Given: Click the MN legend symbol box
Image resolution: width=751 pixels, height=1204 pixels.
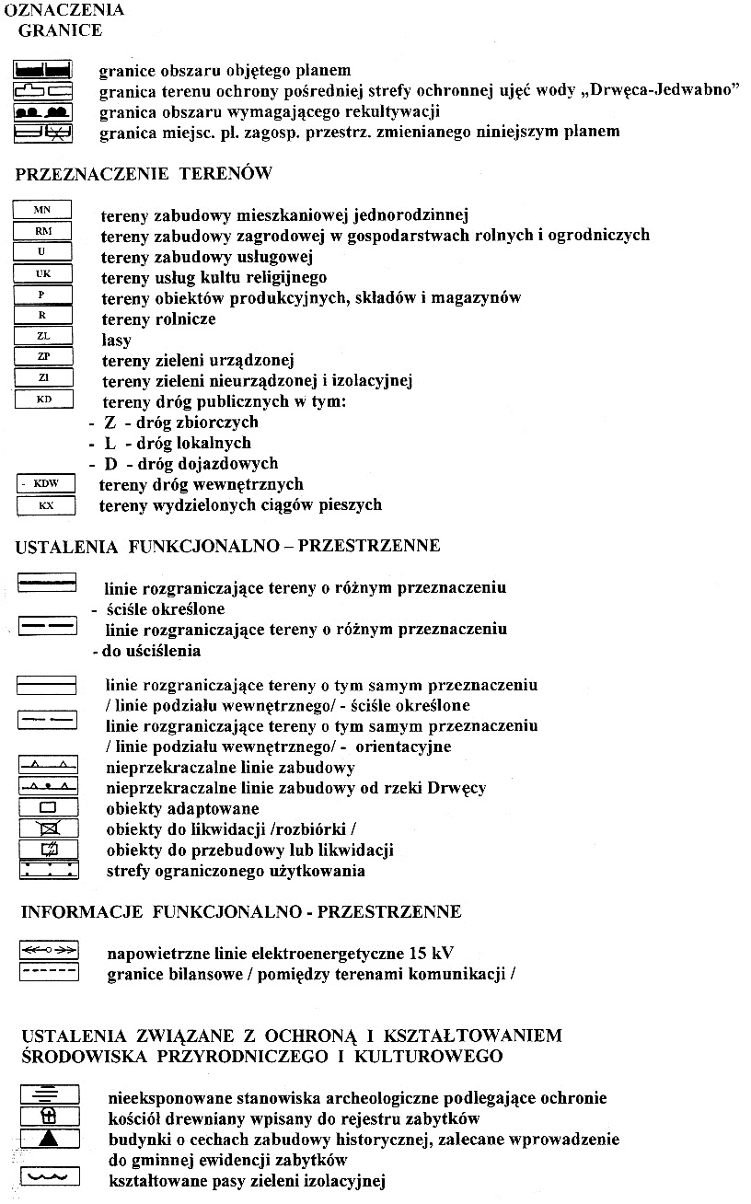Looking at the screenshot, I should click(x=42, y=211).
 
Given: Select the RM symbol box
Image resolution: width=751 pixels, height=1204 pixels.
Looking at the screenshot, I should click(x=42, y=231).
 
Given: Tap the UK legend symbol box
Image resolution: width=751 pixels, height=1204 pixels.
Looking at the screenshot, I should click(x=42, y=273).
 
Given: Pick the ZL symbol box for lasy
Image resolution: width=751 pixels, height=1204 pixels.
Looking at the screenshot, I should click(x=42, y=336).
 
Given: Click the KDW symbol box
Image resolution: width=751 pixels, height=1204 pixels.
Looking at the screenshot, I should click(x=43, y=483).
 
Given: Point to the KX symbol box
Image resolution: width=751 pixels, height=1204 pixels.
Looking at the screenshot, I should click(x=44, y=504).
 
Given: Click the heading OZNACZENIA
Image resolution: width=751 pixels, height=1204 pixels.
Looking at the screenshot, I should click(x=64, y=11).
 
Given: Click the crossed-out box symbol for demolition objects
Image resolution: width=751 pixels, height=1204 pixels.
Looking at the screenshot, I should click(x=49, y=828).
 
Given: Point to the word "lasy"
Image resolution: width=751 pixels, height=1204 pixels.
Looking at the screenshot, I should click(x=116, y=340).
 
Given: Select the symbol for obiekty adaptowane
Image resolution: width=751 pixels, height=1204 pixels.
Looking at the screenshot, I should click(x=49, y=808).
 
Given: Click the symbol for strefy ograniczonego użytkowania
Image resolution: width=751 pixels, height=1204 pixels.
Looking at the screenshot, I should click(x=49, y=870).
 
